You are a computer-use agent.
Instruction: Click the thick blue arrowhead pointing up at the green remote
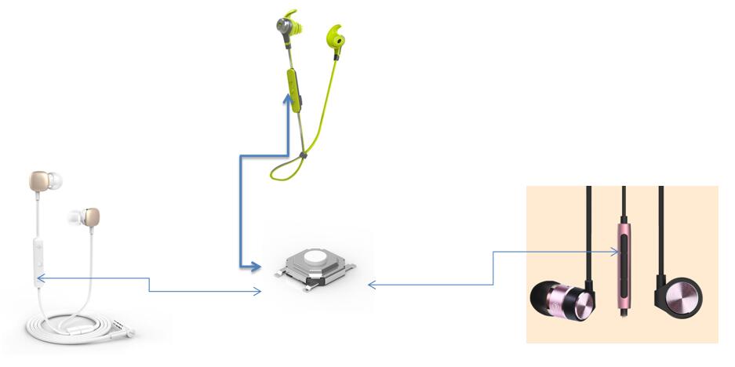(287, 97)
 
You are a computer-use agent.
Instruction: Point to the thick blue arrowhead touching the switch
(254, 267)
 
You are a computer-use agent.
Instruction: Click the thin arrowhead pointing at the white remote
(40, 278)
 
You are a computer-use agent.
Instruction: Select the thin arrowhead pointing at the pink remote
(617, 251)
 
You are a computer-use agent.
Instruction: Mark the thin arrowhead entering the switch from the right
(371, 285)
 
